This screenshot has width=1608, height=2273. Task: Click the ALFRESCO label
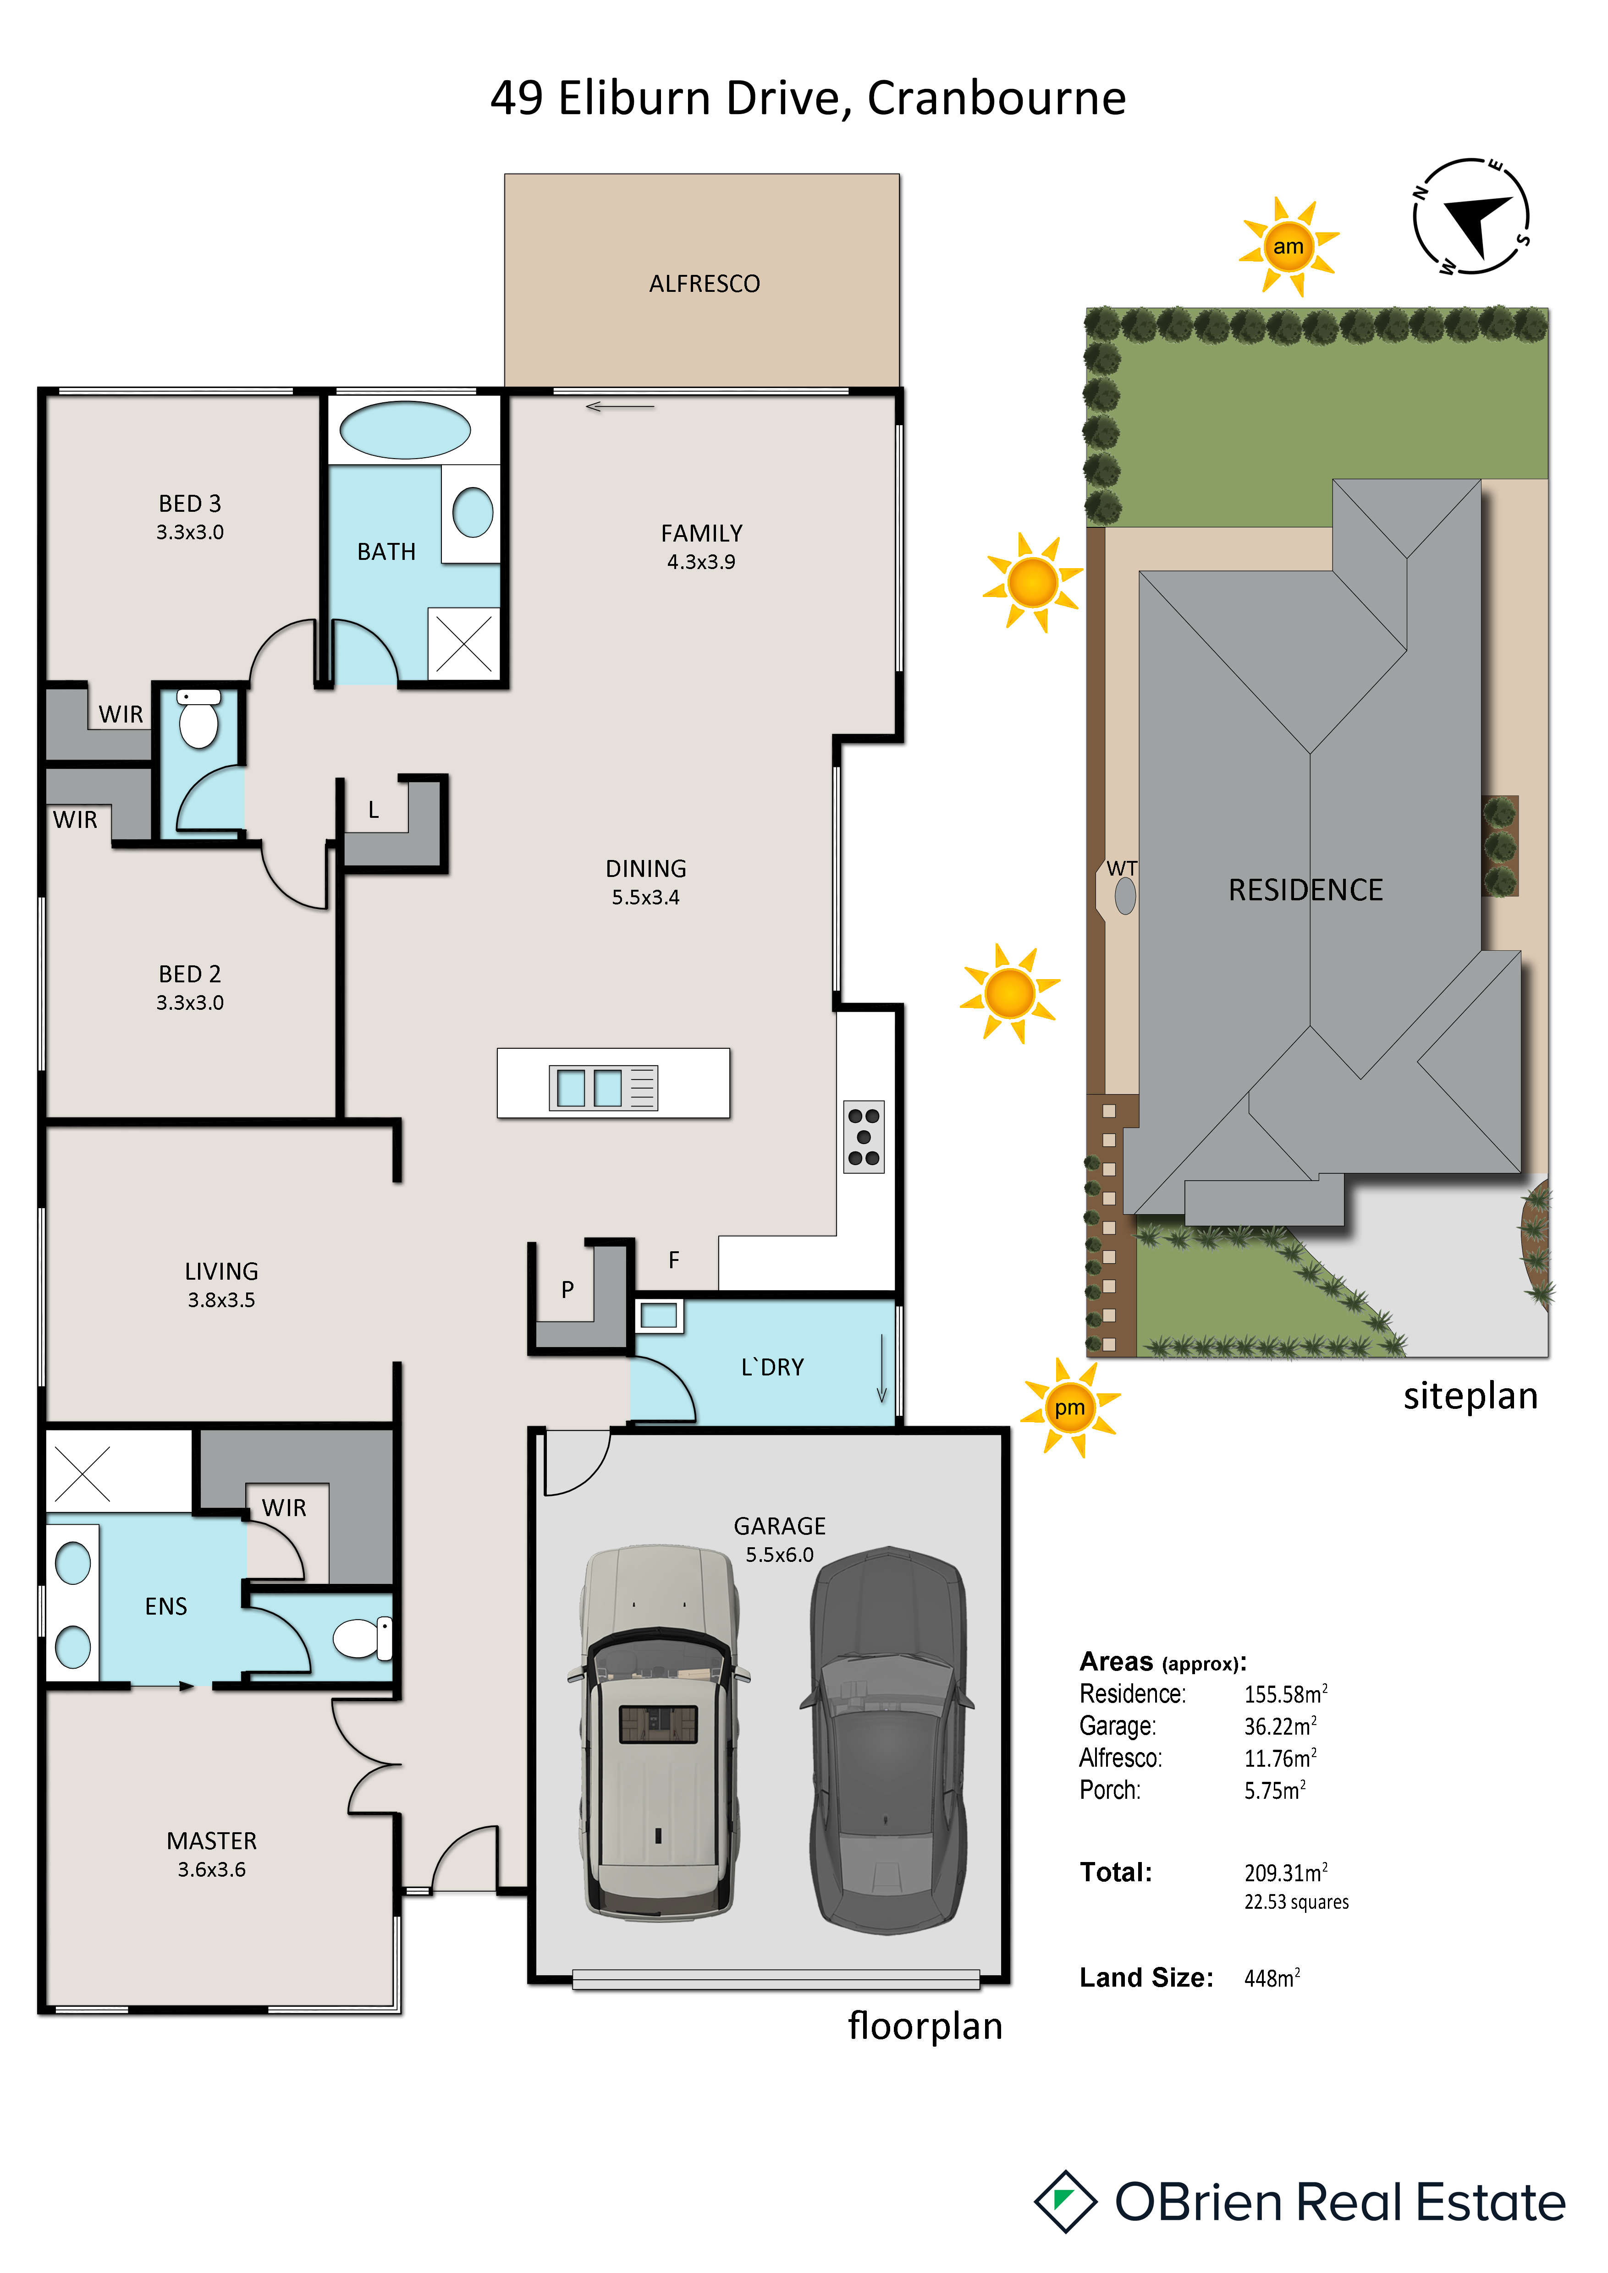[x=704, y=284]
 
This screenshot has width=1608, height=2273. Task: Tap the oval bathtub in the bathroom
[x=405, y=430]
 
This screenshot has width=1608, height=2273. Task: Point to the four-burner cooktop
[x=864, y=1136]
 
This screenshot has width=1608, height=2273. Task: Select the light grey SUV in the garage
[x=658, y=1732]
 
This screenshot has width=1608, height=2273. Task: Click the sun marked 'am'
[x=1288, y=246]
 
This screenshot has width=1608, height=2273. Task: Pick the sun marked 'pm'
[x=1069, y=1407]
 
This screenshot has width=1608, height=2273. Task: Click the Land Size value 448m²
[x=1272, y=1978]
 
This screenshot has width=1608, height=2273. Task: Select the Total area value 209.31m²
[x=1285, y=1872]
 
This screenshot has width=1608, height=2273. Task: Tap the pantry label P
[x=567, y=1289]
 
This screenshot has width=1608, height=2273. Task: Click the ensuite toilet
[x=363, y=1638]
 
